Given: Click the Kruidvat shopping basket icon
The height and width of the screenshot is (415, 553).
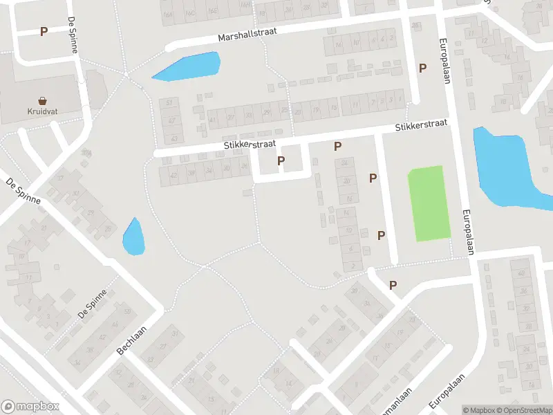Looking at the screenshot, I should pyautogui.click(x=43, y=100).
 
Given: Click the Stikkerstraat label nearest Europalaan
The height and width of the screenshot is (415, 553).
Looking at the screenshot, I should pyautogui.click(x=420, y=125).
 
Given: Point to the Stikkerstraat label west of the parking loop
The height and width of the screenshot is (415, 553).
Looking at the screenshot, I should pyautogui.click(x=250, y=145).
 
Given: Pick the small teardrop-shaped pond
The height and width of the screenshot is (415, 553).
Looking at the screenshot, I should pyautogui.click(x=133, y=237).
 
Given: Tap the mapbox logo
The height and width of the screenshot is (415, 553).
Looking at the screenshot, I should pyautogui.click(x=30, y=407).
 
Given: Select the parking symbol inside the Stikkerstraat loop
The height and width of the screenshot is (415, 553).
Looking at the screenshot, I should pyautogui.click(x=281, y=161).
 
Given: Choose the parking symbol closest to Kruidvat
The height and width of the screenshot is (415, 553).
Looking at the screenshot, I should pyautogui.click(x=44, y=31).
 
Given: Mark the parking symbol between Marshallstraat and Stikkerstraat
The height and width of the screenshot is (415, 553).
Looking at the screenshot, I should pyautogui.click(x=422, y=68).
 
